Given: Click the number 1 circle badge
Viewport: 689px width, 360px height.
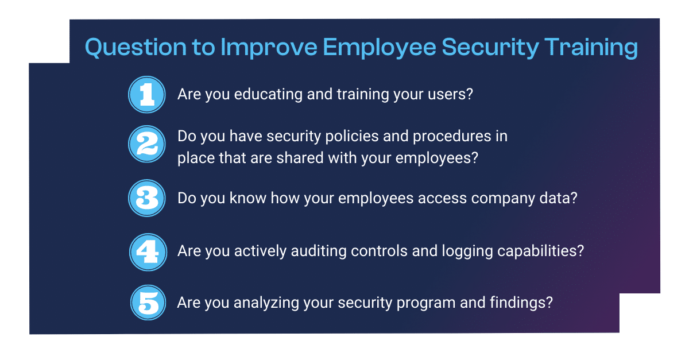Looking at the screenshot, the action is point(147,95).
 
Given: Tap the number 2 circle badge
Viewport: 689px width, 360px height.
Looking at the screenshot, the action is point(147,144).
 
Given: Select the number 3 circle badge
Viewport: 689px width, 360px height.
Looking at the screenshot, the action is point(147,198).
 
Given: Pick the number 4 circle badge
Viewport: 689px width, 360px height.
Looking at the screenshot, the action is point(148,252).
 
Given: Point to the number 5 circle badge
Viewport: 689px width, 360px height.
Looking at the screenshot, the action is point(148,303).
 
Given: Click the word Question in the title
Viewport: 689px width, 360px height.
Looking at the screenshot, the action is point(136,48).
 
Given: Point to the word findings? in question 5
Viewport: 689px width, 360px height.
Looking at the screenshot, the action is point(521,303).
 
